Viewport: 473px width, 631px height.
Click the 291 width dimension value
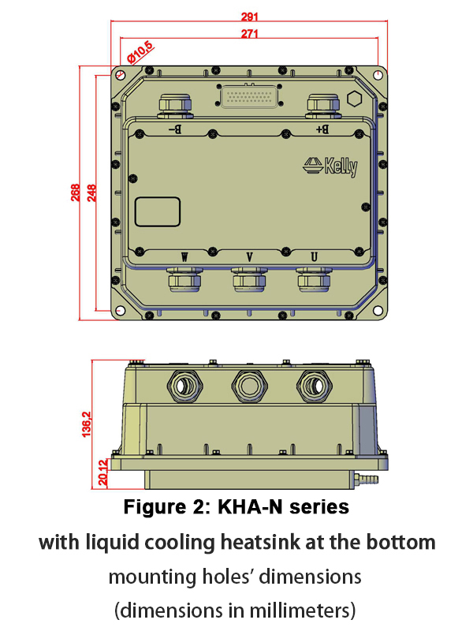[251, 16]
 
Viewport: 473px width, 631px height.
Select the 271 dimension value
[251, 33]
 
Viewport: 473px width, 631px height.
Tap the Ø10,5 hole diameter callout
[140, 54]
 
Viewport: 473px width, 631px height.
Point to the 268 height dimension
[76, 193]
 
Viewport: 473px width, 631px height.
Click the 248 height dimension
[91, 193]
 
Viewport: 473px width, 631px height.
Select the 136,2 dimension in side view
[88, 422]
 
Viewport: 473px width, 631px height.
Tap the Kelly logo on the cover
[330, 166]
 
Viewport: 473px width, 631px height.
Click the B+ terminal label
[321, 128]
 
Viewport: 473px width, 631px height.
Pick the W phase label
[185, 257]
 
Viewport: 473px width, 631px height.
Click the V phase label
[250, 257]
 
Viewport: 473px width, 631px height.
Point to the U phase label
[315, 257]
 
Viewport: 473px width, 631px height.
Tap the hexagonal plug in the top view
[355, 99]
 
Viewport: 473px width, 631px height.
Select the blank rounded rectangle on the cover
[158, 211]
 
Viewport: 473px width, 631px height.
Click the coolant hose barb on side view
[367, 479]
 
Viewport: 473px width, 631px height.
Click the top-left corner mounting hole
[119, 75]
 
